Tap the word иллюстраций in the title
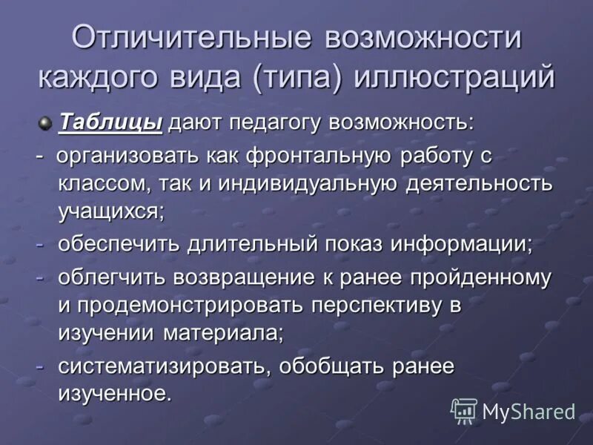pyautogui.click(x=455, y=78)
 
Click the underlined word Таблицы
pyautogui.click(x=110, y=122)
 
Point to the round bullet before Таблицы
pyautogui.click(x=46, y=122)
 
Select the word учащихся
pyautogui.click(x=110, y=211)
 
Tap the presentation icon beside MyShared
pyautogui.click(x=464, y=411)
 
